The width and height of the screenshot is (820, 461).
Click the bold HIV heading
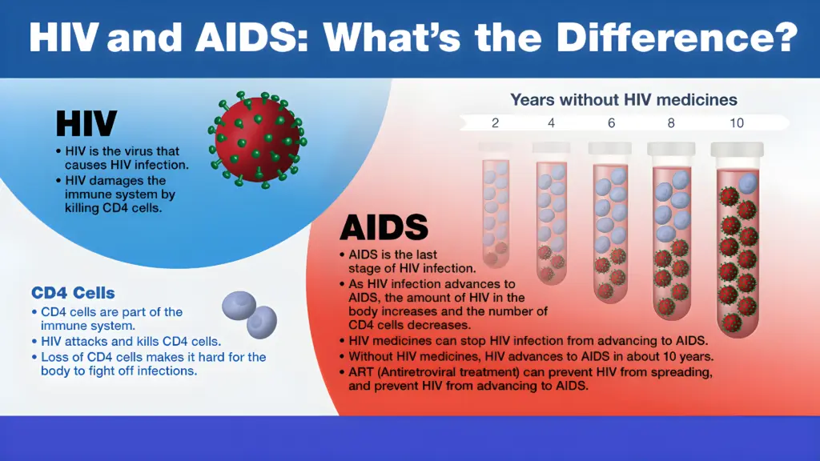(86, 124)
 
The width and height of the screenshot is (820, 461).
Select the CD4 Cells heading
(73, 293)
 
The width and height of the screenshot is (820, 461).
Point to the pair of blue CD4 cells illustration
(249, 313)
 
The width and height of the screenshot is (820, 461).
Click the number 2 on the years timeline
(496, 122)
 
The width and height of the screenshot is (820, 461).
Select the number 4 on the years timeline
(552, 122)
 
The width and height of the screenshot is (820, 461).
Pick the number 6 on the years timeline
(610, 122)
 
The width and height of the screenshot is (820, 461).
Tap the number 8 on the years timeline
(670, 122)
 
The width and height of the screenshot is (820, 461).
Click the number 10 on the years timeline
(736, 122)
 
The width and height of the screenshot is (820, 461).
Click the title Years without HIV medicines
(624, 100)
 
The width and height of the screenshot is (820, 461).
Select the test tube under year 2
(496, 208)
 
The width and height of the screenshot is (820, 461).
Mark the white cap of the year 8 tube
(671, 149)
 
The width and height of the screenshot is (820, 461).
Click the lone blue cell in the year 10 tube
(747, 183)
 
